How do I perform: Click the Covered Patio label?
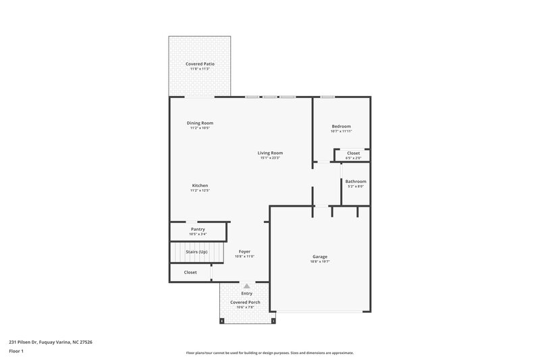[199, 63]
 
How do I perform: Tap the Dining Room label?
[200, 123]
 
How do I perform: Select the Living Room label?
[269, 153]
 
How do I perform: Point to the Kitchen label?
[200, 185]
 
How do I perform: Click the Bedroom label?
[341, 126]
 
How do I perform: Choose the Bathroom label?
[356, 181]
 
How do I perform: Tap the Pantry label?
[198, 229]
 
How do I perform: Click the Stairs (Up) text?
[196, 252]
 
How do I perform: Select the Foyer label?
[244, 251]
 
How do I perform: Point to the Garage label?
[320, 257]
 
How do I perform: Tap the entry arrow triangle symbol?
[246, 286]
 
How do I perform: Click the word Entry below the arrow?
[246, 294]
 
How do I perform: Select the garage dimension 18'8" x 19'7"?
[320, 261]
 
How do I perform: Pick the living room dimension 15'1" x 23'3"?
[269, 157]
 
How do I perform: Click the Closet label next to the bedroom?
[354, 153]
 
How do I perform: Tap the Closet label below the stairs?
[190, 272]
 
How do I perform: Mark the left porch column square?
[221, 321]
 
